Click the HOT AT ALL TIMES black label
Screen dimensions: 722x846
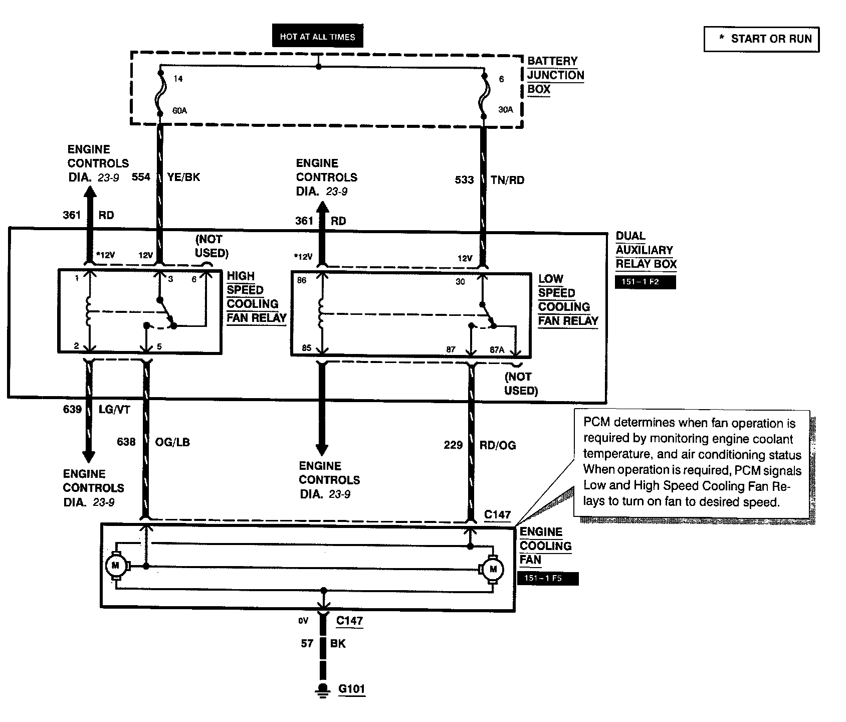[317, 37]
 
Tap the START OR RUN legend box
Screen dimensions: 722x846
[761, 39]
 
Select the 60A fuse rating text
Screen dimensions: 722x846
[179, 110]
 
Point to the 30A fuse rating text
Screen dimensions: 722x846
[506, 109]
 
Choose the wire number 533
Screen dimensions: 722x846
[464, 179]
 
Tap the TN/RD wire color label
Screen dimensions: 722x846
[507, 180]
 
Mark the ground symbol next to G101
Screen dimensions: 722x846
[323, 690]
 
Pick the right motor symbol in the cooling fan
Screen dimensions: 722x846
[493, 569]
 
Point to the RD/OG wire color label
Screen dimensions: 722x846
[498, 445]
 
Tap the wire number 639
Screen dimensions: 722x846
[72, 409]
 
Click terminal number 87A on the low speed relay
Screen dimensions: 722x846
[497, 350]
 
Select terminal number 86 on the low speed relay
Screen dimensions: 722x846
[301, 280]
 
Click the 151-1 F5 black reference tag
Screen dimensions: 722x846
[547, 579]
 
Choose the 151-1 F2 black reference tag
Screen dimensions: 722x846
[645, 282]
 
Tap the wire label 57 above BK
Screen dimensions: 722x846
[307, 643]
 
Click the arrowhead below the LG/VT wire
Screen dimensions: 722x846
[89, 456]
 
